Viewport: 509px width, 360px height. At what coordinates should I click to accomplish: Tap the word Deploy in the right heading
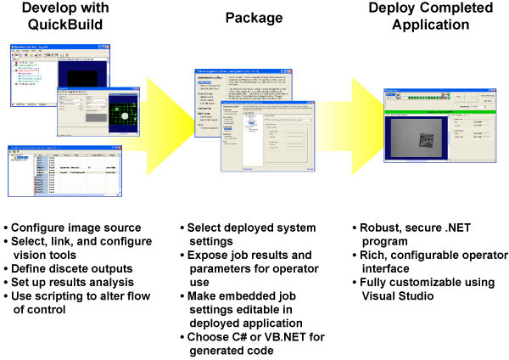click(393, 9)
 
